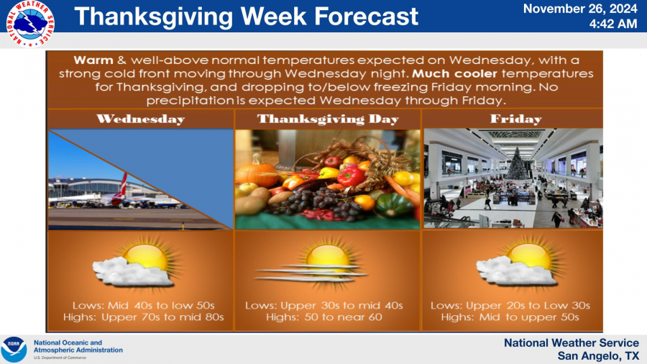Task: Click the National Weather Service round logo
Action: click(30, 24)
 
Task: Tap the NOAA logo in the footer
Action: click(14, 350)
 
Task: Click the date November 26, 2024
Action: click(580, 9)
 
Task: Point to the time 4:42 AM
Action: click(613, 24)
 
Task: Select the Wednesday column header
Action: click(141, 119)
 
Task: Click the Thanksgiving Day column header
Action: click(328, 119)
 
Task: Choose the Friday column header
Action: click(515, 119)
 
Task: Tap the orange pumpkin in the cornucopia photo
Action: click(257, 173)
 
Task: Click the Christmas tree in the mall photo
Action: click(516, 164)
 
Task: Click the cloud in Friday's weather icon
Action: click(515, 271)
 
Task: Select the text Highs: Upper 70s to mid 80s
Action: click(143, 317)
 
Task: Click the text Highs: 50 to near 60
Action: click(324, 317)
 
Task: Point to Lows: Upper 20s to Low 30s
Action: click(510, 306)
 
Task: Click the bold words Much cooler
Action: click(455, 73)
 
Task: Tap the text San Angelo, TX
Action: click(598, 355)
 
